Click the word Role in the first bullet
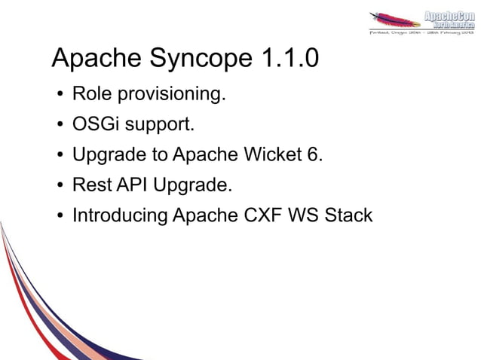[89, 95]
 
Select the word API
[130, 185]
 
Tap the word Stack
[348, 215]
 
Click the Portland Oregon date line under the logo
[421, 33]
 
